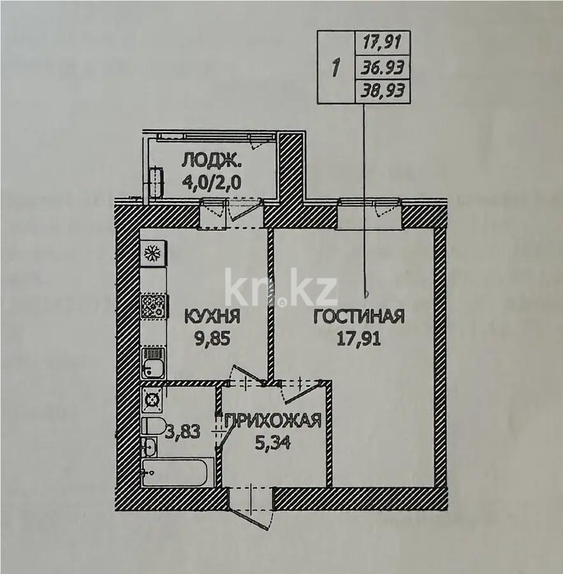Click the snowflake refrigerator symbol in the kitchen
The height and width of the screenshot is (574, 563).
[153, 253]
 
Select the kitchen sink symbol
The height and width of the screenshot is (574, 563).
[154, 362]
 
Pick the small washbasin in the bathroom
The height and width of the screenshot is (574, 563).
[149, 446]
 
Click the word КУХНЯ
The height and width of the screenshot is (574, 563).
[212, 316]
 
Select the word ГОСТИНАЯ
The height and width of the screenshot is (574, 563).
[359, 316]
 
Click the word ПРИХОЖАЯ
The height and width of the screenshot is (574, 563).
[273, 421]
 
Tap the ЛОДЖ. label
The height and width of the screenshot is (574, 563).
[212, 160]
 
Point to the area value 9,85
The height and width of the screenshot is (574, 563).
[213, 339]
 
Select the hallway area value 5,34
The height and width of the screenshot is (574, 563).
[273, 443]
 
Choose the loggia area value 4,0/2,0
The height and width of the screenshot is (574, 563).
[212, 182]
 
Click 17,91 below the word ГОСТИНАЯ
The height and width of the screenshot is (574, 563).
[359, 339]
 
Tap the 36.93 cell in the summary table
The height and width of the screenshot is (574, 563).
[383, 68]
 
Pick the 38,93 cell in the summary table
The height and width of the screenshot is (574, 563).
[383, 91]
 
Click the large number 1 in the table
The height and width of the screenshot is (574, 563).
[335, 68]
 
